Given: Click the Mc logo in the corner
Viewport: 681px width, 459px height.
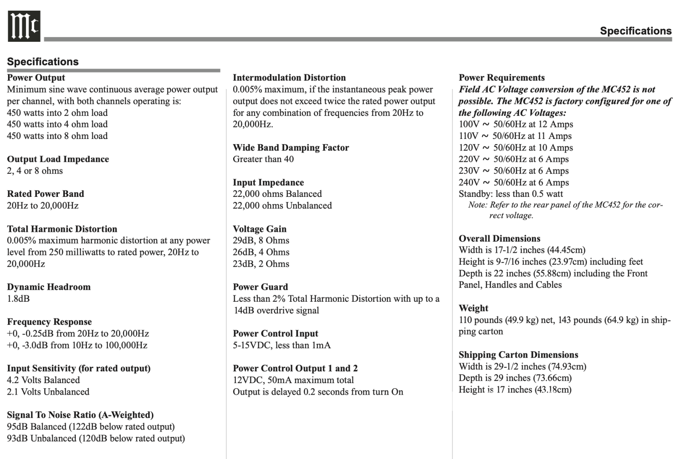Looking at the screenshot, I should (24, 26).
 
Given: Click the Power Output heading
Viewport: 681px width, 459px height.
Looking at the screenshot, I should (36, 78).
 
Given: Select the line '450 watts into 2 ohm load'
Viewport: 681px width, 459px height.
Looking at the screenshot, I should (57, 113).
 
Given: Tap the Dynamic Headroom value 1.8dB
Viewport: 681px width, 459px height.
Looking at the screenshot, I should (18, 298).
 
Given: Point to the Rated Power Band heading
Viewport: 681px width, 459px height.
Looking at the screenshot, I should (46, 193).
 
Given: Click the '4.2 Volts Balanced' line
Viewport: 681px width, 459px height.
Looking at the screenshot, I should (43, 380).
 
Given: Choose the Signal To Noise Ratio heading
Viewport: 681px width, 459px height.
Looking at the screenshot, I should (80, 415).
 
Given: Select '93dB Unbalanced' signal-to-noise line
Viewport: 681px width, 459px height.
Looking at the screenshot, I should (96, 438).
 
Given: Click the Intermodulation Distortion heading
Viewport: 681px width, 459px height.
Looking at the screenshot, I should (289, 78).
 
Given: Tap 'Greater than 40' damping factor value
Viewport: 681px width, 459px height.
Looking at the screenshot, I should (263, 159).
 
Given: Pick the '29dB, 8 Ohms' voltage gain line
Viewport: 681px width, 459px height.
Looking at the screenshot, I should (261, 240).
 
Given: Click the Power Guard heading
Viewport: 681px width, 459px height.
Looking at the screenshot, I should (260, 287).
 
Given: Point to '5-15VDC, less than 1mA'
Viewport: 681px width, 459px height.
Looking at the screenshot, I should (281, 345).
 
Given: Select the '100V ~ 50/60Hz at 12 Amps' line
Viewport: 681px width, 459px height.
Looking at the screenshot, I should (516, 124).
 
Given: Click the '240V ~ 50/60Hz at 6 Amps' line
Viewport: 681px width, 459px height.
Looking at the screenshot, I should (514, 182).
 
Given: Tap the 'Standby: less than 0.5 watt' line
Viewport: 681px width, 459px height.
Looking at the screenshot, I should (511, 194).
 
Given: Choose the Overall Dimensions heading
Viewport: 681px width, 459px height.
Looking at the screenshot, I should (499, 238).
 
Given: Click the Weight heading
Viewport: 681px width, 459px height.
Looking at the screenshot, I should (473, 308).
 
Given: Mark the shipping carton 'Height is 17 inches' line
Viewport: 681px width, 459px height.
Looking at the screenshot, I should (515, 390).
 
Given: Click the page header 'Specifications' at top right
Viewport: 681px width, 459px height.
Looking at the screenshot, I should (635, 31).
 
